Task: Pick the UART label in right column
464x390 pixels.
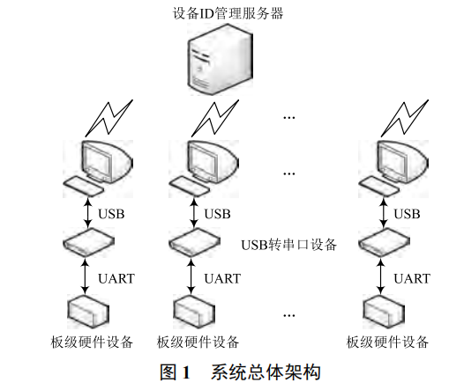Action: pyautogui.click(x=411, y=278)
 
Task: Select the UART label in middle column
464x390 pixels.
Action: pyautogui.click(x=222, y=278)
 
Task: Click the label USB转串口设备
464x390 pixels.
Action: pyautogui.click(x=288, y=245)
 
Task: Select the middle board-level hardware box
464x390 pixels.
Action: pyautogui.click(x=192, y=309)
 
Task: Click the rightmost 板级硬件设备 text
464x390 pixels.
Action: pyautogui.click(x=387, y=342)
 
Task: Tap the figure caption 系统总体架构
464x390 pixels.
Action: pyautogui.click(x=263, y=372)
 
